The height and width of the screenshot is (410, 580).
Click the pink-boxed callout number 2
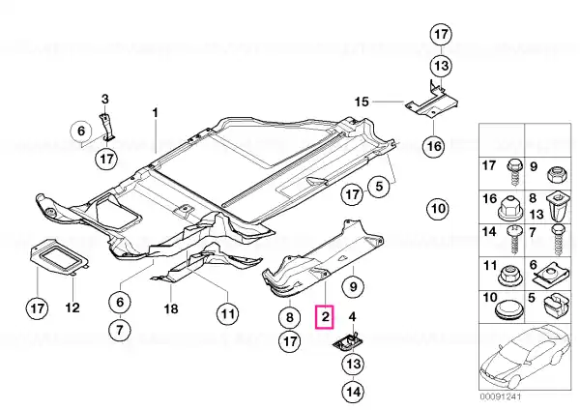click(325, 317)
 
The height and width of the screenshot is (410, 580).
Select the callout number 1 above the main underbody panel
click(156, 112)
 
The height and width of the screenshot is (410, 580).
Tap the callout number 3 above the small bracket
click(105, 100)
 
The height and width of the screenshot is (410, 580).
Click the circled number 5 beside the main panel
click(379, 186)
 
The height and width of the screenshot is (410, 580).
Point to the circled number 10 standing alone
click(438, 209)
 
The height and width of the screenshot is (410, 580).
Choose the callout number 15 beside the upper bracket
click(362, 102)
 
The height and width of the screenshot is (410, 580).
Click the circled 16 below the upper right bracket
click(434, 146)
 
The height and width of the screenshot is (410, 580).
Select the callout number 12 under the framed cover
click(72, 307)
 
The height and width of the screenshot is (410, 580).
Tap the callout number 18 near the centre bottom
click(171, 308)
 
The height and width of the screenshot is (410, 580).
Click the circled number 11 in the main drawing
click(227, 314)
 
